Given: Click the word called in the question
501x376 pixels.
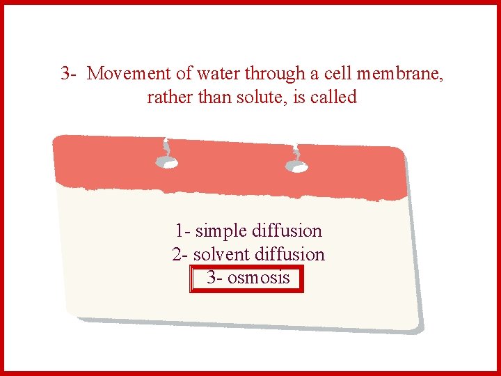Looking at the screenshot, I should pyautogui.click(x=334, y=97).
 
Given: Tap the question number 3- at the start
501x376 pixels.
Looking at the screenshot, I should pyautogui.click(x=68, y=73).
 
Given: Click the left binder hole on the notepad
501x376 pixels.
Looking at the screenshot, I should pyautogui.click(x=166, y=162).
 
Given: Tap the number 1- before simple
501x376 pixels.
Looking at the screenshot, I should pyautogui.click(x=183, y=230).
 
